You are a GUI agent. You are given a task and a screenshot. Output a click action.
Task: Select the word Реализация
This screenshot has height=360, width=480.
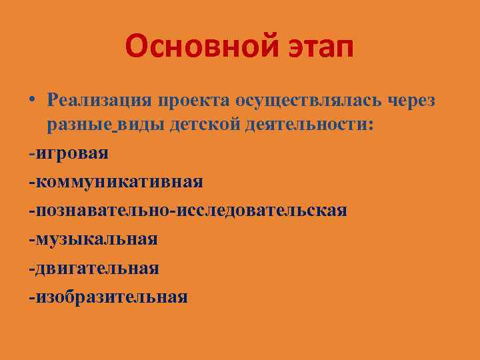tap(100, 100)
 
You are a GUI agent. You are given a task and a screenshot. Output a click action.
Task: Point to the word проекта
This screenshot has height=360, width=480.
tap(193, 101)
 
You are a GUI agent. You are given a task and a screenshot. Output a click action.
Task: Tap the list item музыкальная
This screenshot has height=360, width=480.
tap(96, 239)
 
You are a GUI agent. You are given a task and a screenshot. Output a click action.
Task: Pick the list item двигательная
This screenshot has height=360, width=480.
tap(97, 267)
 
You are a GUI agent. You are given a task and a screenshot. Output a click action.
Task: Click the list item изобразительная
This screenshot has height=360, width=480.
tap(111, 296)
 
